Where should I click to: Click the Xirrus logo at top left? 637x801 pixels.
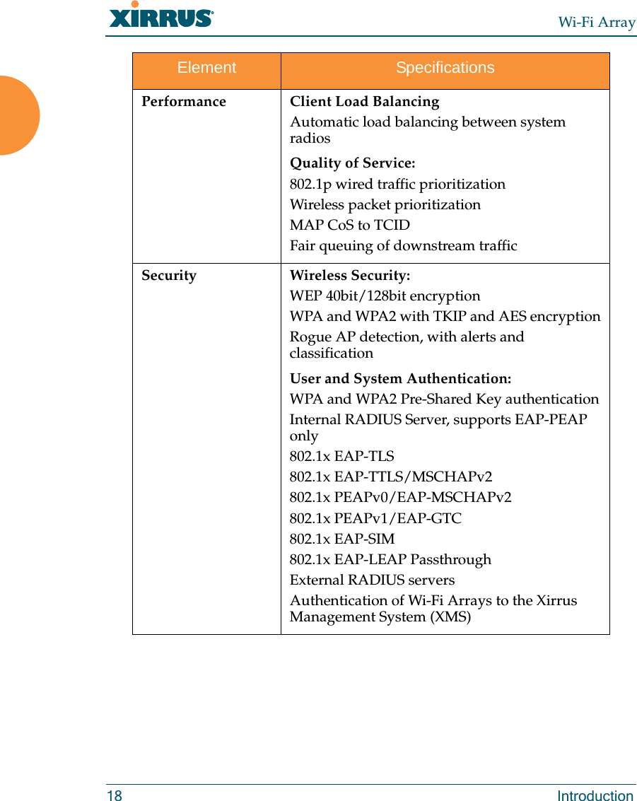pyautogui.click(x=161, y=16)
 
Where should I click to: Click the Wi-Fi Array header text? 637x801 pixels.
pyautogui.click(x=597, y=22)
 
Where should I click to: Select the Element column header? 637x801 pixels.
pyautogui.click(x=206, y=68)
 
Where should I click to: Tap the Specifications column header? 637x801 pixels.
pyautogui.click(x=445, y=68)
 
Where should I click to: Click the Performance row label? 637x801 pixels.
pyautogui.click(x=184, y=102)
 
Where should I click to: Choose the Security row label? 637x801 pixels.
pyautogui.click(x=169, y=276)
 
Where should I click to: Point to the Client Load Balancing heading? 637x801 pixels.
pyautogui.click(x=364, y=102)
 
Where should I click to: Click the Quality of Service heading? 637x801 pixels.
pyautogui.click(x=352, y=163)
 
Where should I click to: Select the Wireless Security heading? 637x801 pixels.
pyautogui.click(x=349, y=276)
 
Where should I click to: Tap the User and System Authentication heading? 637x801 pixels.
pyautogui.click(x=400, y=379)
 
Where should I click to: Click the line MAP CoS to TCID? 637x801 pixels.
pyautogui.click(x=349, y=226)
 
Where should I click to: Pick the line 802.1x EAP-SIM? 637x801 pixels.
pyautogui.click(x=342, y=539)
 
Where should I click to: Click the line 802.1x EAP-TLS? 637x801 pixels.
pyautogui.click(x=342, y=457)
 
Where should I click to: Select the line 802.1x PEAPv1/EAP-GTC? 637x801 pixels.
pyautogui.click(x=375, y=518)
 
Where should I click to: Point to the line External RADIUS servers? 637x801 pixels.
pyautogui.click(x=372, y=580)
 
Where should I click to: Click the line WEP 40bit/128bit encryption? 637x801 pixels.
pyautogui.click(x=385, y=296)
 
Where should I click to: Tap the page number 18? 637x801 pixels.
pyautogui.click(x=115, y=796)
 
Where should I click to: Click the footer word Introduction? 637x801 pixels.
pyautogui.click(x=595, y=796)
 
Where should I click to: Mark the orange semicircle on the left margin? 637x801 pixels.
pyautogui.click(x=18, y=115)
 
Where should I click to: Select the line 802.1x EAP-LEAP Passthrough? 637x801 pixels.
pyautogui.click(x=390, y=560)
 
